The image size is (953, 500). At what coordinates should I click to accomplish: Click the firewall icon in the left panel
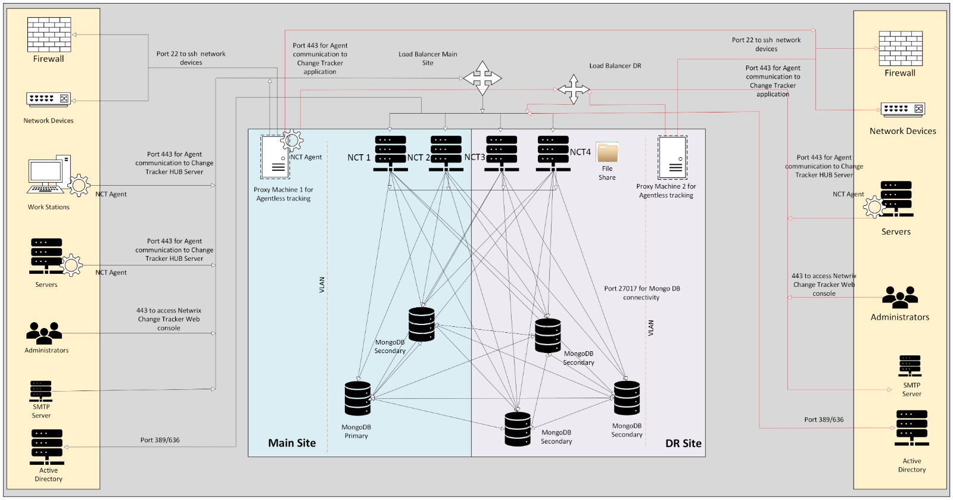(x=49, y=35)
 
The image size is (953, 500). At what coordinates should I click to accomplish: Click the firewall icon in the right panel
(x=901, y=48)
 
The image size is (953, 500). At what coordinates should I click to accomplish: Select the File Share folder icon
(x=608, y=152)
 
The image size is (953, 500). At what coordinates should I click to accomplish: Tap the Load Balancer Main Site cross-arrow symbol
(x=482, y=78)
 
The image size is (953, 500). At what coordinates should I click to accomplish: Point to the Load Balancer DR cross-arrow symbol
(x=573, y=89)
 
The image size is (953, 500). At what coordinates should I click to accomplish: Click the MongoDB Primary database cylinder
(x=357, y=398)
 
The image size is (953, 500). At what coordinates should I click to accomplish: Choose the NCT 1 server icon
(x=390, y=153)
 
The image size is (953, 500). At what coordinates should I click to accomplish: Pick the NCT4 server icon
(x=553, y=153)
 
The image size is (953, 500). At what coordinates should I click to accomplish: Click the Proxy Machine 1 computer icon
(x=275, y=157)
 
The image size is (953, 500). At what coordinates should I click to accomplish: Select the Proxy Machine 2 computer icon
(x=672, y=157)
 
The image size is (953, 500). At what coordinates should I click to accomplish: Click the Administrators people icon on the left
(x=44, y=333)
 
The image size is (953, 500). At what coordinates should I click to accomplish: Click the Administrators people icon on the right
(x=899, y=297)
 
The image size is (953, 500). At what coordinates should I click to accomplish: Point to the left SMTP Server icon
(x=41, y=392)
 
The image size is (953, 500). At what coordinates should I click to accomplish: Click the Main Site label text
(x=292, y=443)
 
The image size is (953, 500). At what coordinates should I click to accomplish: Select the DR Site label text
(x=683, y=443)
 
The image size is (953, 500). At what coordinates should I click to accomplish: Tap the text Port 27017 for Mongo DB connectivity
(x=641, y=293)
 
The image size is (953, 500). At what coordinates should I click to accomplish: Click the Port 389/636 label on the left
(x=160, y=440)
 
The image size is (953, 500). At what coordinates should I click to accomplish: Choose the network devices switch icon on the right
(x=902, y=110)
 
